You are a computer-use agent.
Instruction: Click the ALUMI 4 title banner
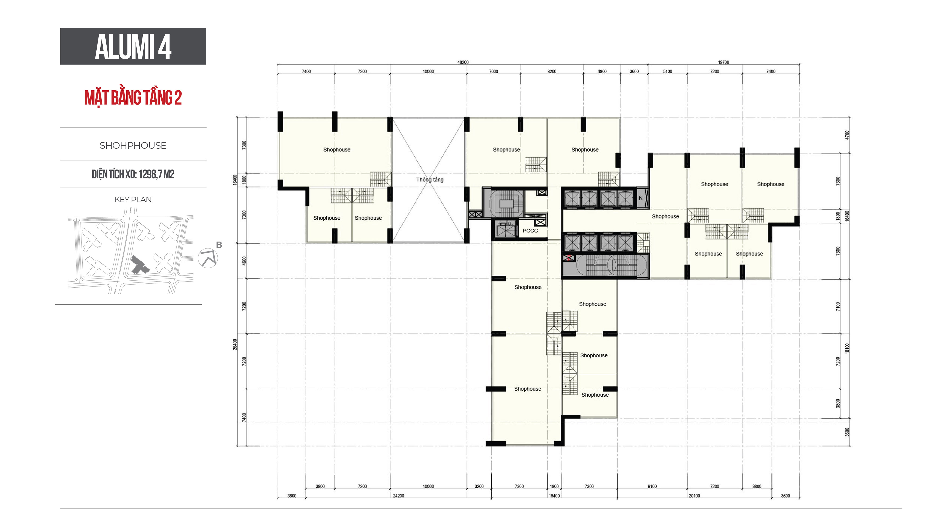coord(133,46)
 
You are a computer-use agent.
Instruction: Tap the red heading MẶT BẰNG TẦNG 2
coord(133,98)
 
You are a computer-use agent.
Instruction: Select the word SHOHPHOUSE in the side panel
coord(133,145)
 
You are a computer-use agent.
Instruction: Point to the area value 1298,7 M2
coord(156,174)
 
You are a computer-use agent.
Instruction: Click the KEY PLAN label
coord(133,200)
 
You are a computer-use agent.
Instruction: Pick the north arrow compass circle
coord(208,258)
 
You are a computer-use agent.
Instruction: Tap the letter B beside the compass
coord(219,245)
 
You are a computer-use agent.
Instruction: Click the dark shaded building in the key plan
coord(139,265)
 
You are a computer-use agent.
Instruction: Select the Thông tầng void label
coord(430,180)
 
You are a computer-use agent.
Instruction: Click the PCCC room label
coord(530,231)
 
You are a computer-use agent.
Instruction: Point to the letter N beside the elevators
coord(641,198)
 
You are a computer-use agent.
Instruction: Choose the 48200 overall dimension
coord(463,62)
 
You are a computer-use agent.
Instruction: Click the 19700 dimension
coord(724,62)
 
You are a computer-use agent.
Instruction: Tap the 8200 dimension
coord(552,71)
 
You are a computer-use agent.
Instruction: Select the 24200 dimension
coord(399,496)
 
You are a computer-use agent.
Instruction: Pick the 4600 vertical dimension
coord(244,261)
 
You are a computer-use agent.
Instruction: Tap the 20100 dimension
coord(694,496)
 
